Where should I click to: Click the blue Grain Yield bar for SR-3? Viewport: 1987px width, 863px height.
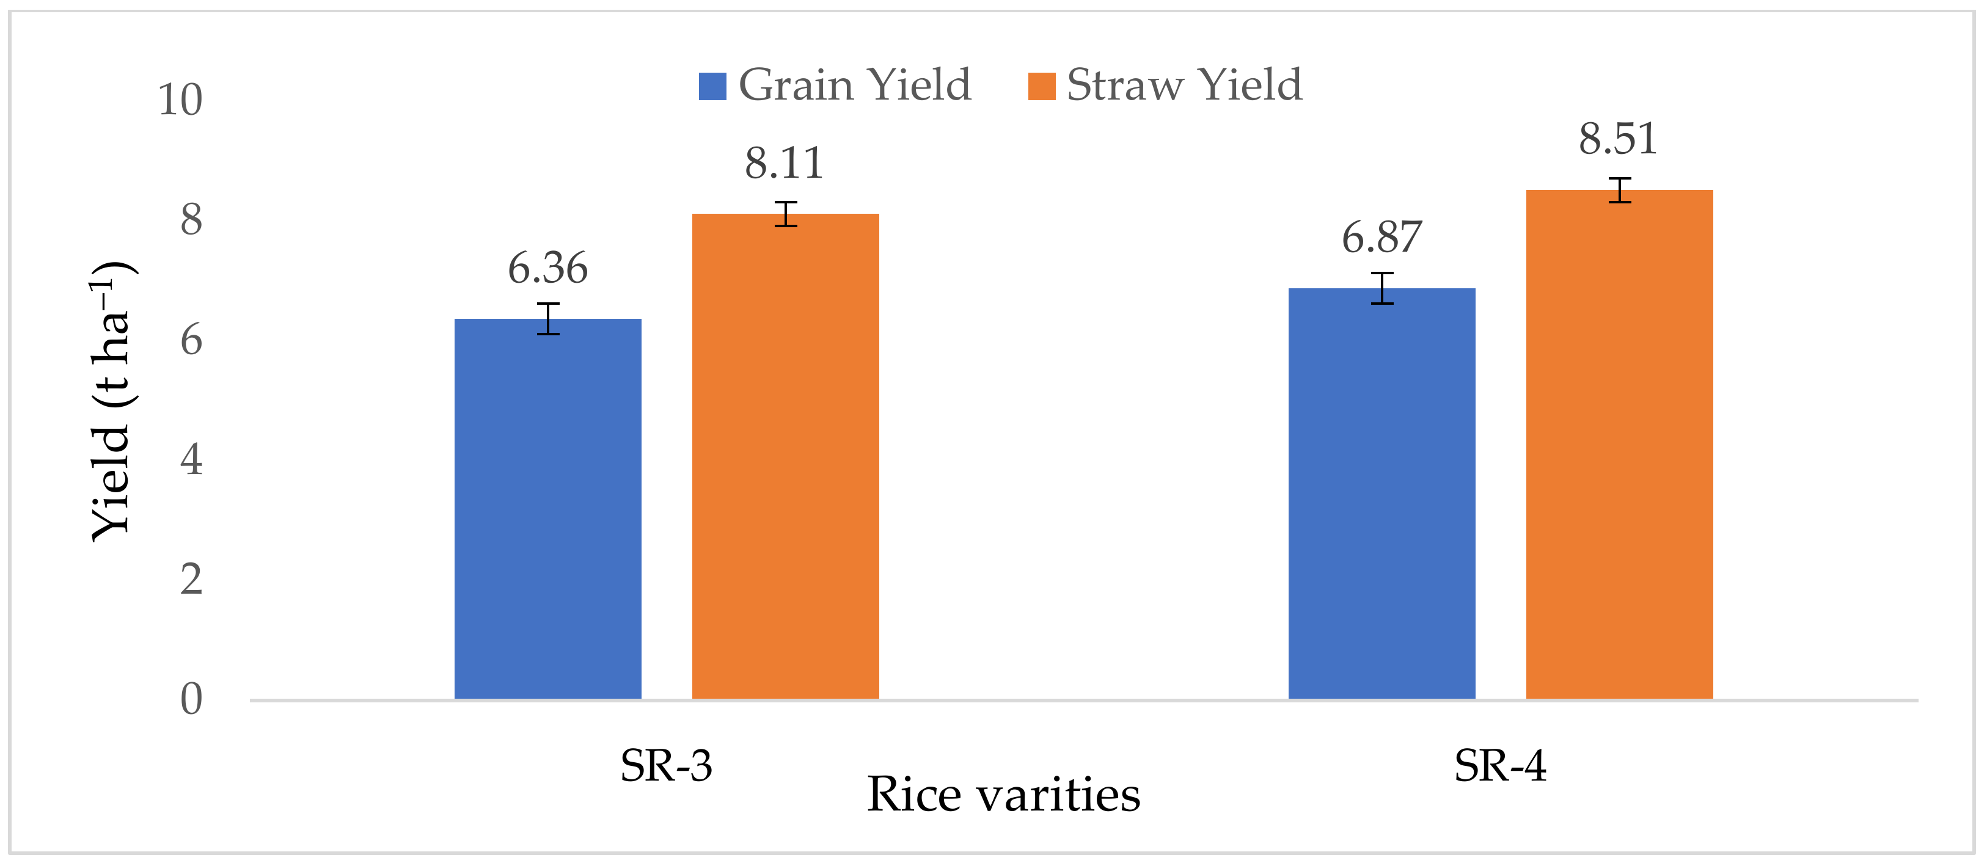[x=547, y=509]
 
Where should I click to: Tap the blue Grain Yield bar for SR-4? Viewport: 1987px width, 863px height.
[x=1381, y=493]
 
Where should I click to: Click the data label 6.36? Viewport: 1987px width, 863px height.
[x=547, y=268]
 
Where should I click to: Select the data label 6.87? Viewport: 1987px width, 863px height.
[x=1381, y=237]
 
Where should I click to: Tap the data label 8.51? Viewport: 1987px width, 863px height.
[x=1617, y=139]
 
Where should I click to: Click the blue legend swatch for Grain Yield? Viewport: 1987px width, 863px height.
[x=712, y=86]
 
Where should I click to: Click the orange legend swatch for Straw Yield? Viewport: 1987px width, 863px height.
[x=1041, y=86]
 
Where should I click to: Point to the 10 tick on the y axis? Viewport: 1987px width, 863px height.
[x=180, y=100]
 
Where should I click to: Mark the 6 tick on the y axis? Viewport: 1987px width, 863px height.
[x=191, y=340]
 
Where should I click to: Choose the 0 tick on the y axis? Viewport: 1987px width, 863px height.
[x=191, y=699]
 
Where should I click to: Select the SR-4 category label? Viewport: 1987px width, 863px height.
[x=1499, y=766]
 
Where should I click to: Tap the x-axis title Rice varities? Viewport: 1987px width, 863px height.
[x=1003, y=795]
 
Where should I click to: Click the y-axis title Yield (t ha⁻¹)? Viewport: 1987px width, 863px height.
[x=112, y=401]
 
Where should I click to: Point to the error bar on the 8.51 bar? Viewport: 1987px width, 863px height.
[x=1619, y=190]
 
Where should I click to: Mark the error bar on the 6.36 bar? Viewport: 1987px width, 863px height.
[x=547, y=319]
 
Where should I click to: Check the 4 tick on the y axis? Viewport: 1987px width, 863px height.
[x=191, y=460]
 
